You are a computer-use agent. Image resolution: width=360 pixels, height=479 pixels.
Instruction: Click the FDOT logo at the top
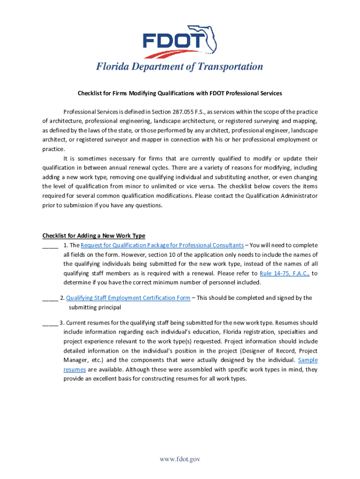[180, 40]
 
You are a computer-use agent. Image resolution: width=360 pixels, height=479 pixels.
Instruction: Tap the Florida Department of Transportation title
[180, 67]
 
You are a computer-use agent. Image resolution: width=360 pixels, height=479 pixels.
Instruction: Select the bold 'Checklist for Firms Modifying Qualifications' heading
[180, 93]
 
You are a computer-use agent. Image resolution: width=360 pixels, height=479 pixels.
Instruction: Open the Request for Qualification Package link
[162, 245]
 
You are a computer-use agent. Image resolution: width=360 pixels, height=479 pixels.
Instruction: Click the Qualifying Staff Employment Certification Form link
[128, 298]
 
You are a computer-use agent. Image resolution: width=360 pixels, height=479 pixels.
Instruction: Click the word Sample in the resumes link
[308, 360]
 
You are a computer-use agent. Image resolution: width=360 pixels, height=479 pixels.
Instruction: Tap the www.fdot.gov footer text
[180, 459]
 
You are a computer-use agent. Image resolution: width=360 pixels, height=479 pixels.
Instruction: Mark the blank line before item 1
[50, 246]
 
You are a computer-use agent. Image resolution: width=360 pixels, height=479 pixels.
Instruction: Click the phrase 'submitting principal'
[95, 307]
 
